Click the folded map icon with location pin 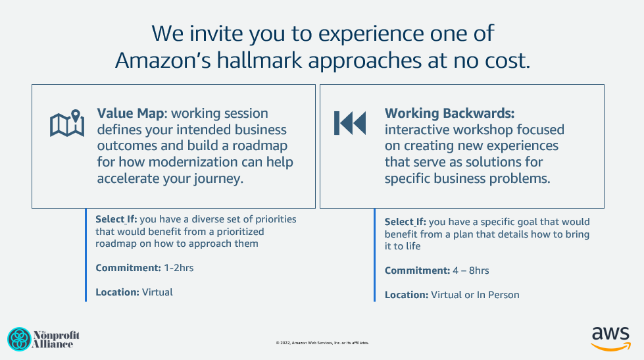click(x=67, y=123)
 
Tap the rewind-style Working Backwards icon click(x=349, y=123)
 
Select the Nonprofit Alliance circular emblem click(x=19, y=339)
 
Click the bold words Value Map click(x=131, y=113)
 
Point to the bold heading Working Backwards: click(x=449, y=113)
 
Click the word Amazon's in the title click(x=163, y=61)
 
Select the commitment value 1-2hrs click(x=179, y=268)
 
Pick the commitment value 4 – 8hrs click(x=471, y=270)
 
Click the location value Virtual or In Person click(x=475, y=295)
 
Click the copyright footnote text click(x=322, y=343)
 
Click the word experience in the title click(x=371, y=34)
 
